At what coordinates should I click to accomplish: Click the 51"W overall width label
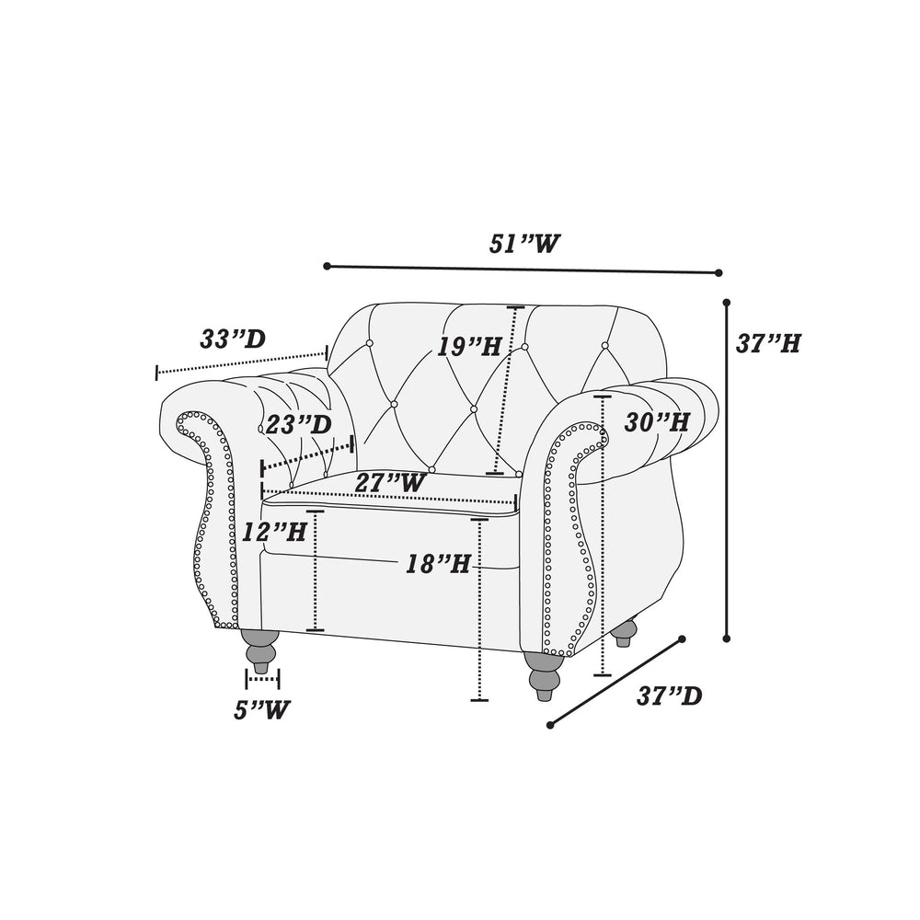point(524,244)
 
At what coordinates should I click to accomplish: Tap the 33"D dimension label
point(233,339)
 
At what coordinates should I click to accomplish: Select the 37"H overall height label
point(768,343)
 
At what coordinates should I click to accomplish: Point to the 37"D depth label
point(670,696)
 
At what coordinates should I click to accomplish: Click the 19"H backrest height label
point(469,347)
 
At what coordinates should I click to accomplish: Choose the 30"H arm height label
point(657,422)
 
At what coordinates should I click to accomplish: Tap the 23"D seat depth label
point(299,424)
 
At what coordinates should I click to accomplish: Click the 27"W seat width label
point(389,483)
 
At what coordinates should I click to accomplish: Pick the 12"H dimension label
point(274,532)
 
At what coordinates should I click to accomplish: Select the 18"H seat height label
point(439,564)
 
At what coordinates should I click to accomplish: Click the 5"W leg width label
point(261,710)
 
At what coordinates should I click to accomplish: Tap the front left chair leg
point(260,651)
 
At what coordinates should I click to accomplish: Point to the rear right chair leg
point(625,633)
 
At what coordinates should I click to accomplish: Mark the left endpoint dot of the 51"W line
point(327,267)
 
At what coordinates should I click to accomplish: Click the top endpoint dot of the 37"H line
point(727,303)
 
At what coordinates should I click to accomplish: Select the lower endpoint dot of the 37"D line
point(550,725)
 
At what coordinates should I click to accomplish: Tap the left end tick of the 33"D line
point(156,372)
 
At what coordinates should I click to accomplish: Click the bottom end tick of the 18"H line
point(479,700)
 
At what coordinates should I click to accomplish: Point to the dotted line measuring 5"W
point(262,679)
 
